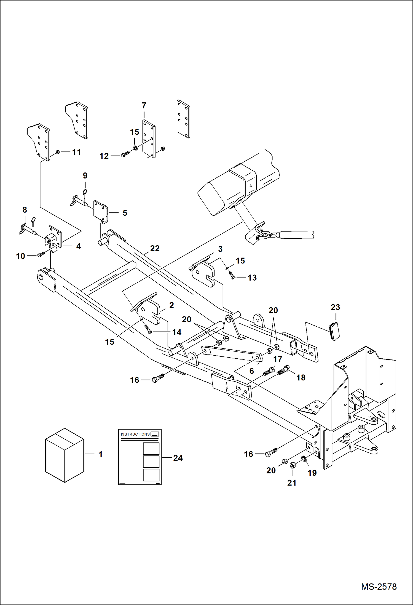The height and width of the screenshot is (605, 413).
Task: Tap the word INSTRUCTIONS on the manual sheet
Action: click(x=135, y=434)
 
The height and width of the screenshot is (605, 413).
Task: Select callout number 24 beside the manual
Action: click(x=178, y=458)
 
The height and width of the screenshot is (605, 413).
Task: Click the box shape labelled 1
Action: click(x=65, y=455)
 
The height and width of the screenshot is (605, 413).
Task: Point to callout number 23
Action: click(x=335, y=307)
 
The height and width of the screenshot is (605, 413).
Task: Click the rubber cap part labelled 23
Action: click(x=334, y=331)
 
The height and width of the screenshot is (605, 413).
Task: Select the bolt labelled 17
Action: click(x=269, y=371)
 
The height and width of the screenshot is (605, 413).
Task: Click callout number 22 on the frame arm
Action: click(x=155, y=249)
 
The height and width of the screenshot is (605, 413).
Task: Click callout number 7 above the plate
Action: click(x=144, y=106)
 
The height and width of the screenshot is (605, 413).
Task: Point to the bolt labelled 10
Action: click(x=41, y=254)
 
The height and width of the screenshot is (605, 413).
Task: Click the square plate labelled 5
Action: click(x=100, y=211)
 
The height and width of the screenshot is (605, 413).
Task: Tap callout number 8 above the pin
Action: click(x=25, y=210)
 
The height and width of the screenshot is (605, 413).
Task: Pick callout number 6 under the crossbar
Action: click(x=251, y=371)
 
